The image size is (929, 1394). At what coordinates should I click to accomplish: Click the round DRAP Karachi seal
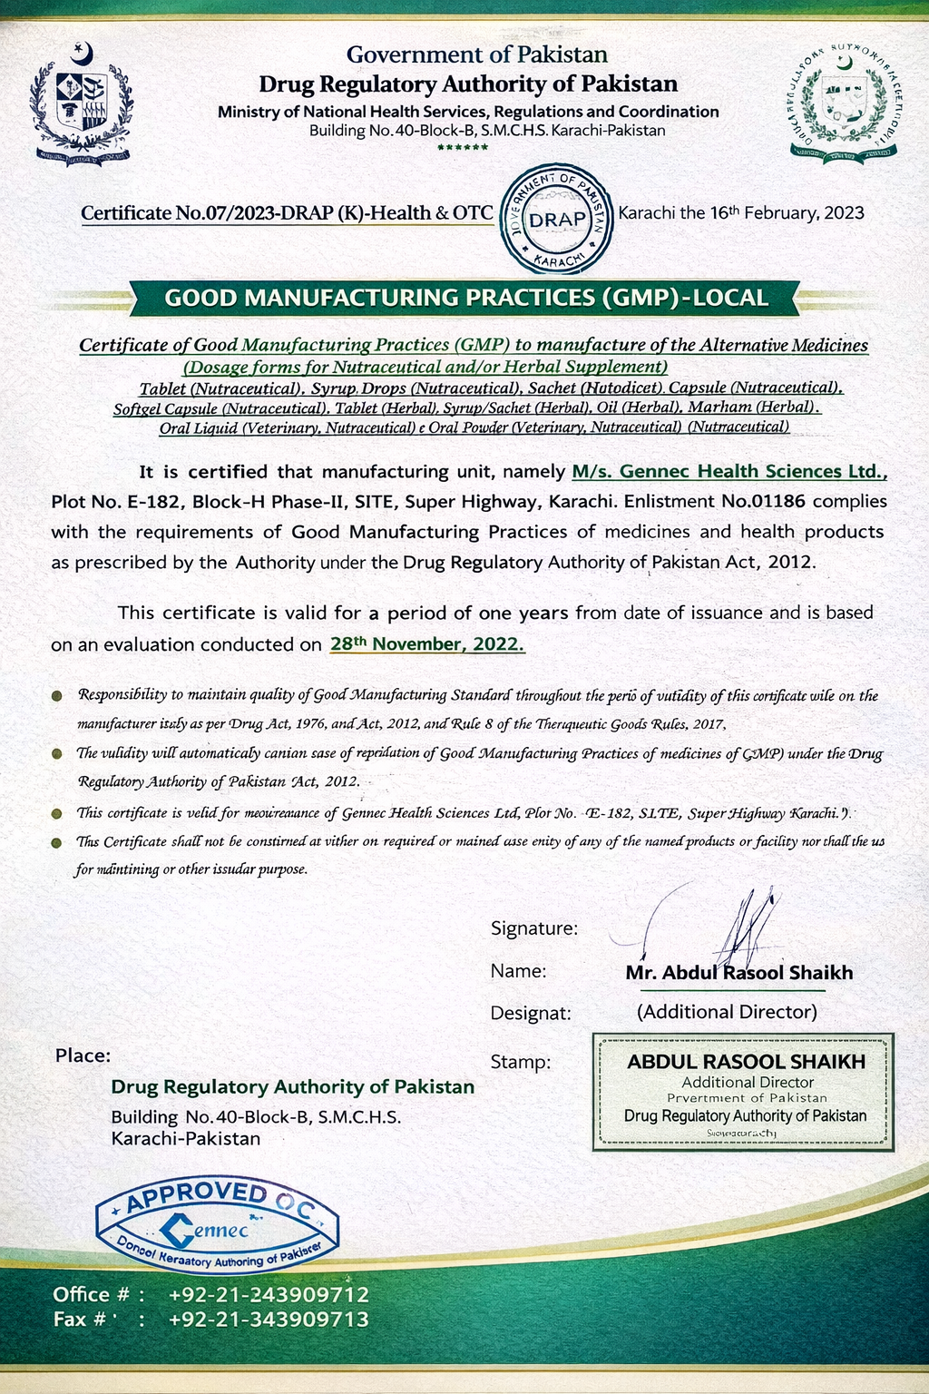click(557, 220)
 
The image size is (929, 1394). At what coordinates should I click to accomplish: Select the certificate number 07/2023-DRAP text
click(287, 213)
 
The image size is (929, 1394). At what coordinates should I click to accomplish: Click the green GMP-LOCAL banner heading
click(465, 298)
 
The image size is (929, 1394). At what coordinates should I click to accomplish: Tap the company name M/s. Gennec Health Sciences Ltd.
click(729, 471)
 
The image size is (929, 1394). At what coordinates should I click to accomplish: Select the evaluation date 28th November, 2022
click(426, 644)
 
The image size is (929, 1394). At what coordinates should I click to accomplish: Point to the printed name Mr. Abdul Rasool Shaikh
click(739, 973)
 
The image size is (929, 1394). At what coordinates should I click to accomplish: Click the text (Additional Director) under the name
click(727, 1011)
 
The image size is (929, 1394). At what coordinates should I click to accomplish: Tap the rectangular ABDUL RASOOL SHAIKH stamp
click(743, 1092)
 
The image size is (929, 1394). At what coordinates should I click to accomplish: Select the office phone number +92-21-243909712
click(269, 1294)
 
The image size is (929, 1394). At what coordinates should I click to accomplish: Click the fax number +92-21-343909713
click(269, 1320)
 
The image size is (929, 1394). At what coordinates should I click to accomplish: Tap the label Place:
click(83, 1055)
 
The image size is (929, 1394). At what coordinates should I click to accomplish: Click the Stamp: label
click(521, 1062)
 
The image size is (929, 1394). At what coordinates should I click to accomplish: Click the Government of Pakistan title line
click(476, 55)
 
